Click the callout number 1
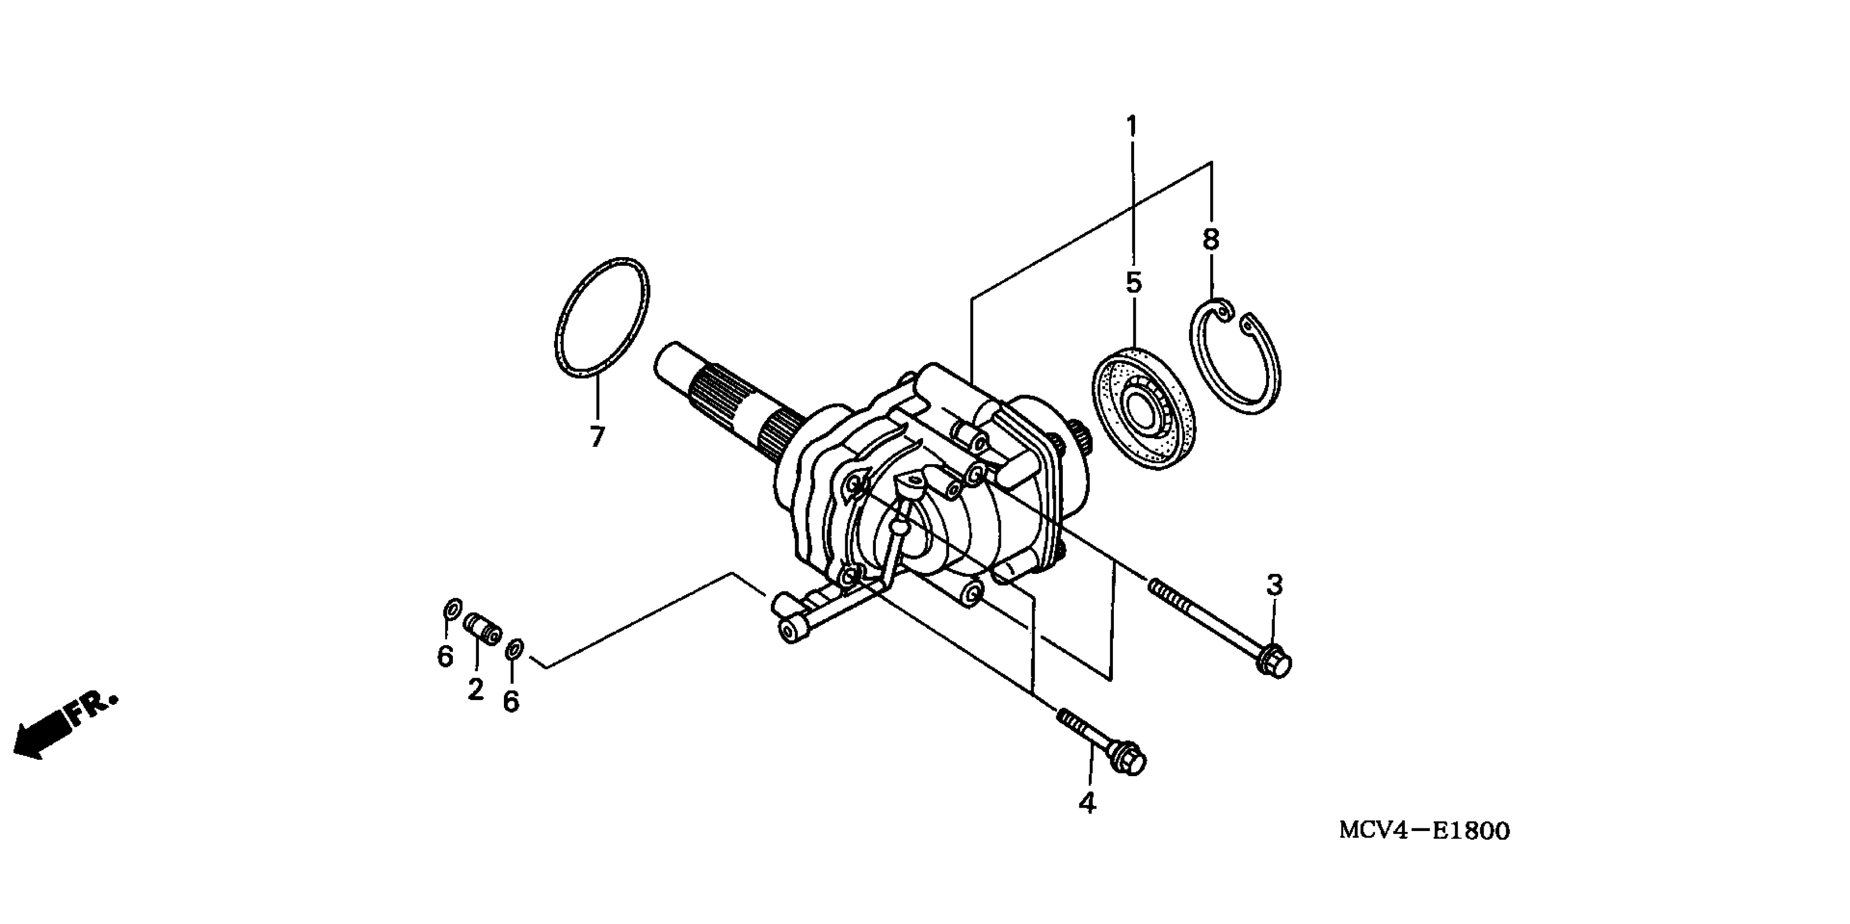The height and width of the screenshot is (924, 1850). pyautogui.click(x=1132, y=127)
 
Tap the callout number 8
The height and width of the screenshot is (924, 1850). pyautogui.click(x=1211, y=239)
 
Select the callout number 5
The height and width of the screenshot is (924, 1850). pyautogui.click(x=1133, y=283)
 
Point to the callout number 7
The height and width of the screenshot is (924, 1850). pyautogui.click(x=597, y=436)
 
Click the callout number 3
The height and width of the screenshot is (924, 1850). pyautogui.click(x=1274, y=585)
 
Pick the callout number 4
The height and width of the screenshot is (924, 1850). pyautogui.click(x=1087, y=803)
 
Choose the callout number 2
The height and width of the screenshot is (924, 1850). pyautogui.click(x=476, y=689)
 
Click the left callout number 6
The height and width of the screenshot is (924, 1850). pyautogui.click(x=445, y=655)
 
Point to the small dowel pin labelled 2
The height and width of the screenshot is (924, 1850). pyautogui.click(x=483, y=629)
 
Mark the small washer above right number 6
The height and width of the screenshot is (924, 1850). pyautogui.click(x=514, y=649)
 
